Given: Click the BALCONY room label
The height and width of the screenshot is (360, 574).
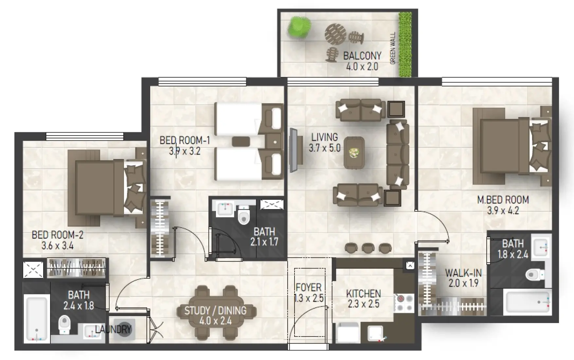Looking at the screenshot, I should pyautogui.click(x=362, y=56).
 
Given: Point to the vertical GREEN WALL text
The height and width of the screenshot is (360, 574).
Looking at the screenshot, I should pyautogui.click(x=393, y=48).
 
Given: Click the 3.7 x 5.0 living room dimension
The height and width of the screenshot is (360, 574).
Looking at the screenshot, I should pyautogui.click(x=324, y=148).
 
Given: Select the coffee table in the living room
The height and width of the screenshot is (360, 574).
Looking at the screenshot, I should pyautogui.click(x=354, y=153).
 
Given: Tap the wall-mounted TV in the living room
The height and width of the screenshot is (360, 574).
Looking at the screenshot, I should pyautogui.click(x=294, y=150).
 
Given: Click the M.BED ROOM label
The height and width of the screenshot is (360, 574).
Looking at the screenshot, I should pyautogui.click(x=503, y=200).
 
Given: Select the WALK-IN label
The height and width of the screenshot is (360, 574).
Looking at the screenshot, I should pyautogui.click(x=463, y=273).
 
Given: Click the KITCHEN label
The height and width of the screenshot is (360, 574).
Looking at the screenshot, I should pyautogui.click(x=363, y=294).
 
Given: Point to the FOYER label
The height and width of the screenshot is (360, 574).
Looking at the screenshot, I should pyautogui.click(x=308, y=288).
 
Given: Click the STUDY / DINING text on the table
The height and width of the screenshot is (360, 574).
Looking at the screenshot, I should pyautogui.click(x=215, y=311).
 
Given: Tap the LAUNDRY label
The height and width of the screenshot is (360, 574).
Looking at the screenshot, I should pyautogui.click(x=113, y=329).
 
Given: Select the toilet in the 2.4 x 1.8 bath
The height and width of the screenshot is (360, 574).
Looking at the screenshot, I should pyautogui.click(x=64, y=324).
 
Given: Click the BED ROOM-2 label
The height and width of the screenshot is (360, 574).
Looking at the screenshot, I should pyautogui.click(x=58, y=235).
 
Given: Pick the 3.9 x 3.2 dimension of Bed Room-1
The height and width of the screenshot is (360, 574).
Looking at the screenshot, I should pyautogui.click(x=185, y=151).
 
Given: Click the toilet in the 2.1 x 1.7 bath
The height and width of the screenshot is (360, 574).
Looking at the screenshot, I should pyautogui.click(x=243, y=215).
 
